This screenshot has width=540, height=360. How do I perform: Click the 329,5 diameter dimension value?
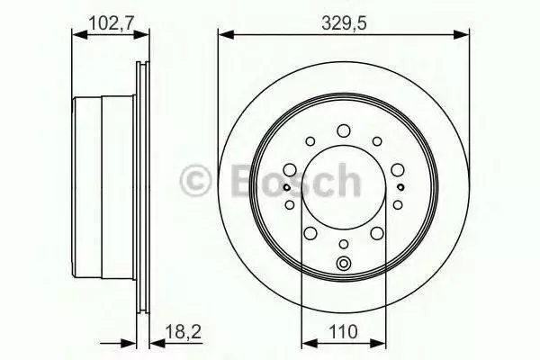(x=344, y=24)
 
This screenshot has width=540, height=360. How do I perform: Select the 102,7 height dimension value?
(x=112, y=24)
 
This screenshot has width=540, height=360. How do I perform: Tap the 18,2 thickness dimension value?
(x=183, y=332)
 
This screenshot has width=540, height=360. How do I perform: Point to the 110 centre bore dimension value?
(x=344, y=332)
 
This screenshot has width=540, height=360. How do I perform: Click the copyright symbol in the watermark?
(x=195, y=181)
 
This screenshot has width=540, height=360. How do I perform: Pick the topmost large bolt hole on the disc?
(x=344, y=130)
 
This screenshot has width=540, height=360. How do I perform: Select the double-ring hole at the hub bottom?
(x=344, y=264)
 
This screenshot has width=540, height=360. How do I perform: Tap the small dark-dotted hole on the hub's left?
(x=286, y=187)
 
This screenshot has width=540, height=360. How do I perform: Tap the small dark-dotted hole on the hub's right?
(x=400, y=187)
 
